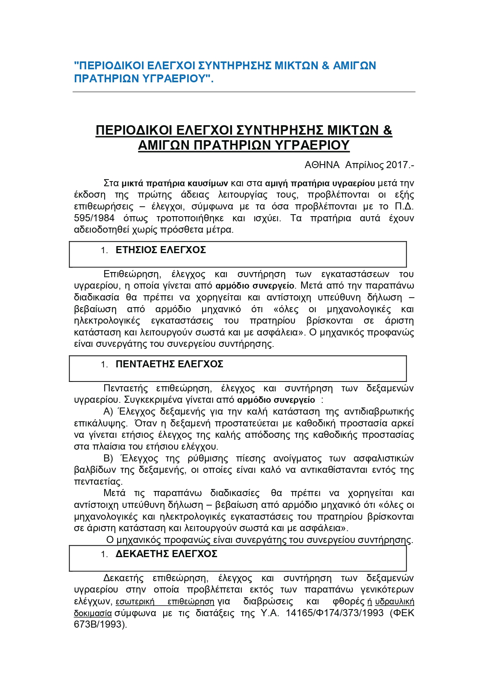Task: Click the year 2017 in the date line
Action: pos(397,165)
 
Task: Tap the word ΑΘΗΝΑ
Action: pos(322,165)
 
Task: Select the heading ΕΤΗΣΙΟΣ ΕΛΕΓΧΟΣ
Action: pos(160,250)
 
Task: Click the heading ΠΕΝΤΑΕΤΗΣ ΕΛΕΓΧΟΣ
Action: pos(169,364)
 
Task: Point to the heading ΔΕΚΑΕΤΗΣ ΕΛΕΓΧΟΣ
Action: pos(166,554)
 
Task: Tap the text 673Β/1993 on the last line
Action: pos(99,624)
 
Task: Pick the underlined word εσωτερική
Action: pos(135,602)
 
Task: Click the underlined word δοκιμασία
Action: pos(93,613)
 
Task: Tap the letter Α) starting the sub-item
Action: pos(108,412)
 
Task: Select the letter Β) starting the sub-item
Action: pos(108,459)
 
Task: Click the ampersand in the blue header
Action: pos(325,65)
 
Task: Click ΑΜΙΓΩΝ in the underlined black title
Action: pos(164,145)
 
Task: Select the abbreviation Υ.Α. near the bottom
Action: pos(270,613)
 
